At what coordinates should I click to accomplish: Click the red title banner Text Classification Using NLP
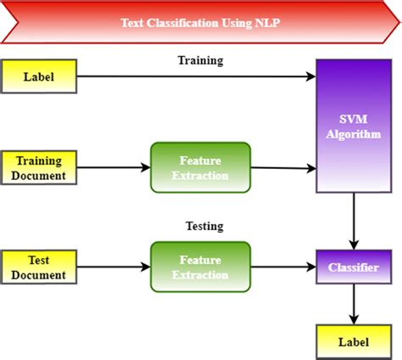[x=201, y=22]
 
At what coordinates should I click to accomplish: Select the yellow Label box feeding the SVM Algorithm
[x=39, y=76]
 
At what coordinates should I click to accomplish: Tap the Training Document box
[x=39, y=167]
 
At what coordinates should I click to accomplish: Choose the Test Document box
[x=39, y=267]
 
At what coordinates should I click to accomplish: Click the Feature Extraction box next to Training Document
[x=200, y=167]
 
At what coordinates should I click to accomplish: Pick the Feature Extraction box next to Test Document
[x=200, y=267]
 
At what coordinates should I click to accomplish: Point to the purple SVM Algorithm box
[x=354, y=126]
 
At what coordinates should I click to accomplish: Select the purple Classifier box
[x=354, y=267]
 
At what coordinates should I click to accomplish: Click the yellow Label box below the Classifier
[x=354, y=342]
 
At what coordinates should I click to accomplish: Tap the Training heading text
[x=200, y=60]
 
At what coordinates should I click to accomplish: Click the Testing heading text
[x=204, y=226]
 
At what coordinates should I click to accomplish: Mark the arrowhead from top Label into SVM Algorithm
[x=311, y=76]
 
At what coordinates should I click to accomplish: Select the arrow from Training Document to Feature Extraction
[x=114, y=167]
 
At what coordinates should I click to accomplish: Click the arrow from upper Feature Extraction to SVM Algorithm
[x=283, y=168]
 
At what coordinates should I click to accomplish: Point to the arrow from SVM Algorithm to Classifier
[x=354, y=222]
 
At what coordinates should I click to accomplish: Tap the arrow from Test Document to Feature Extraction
[x=114, y=267]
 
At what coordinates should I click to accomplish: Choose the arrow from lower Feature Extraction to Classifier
[x=283, y=267]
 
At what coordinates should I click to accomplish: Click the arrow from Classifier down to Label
[x=354, y=304]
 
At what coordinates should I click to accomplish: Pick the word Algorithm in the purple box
[x=354, y=134]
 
